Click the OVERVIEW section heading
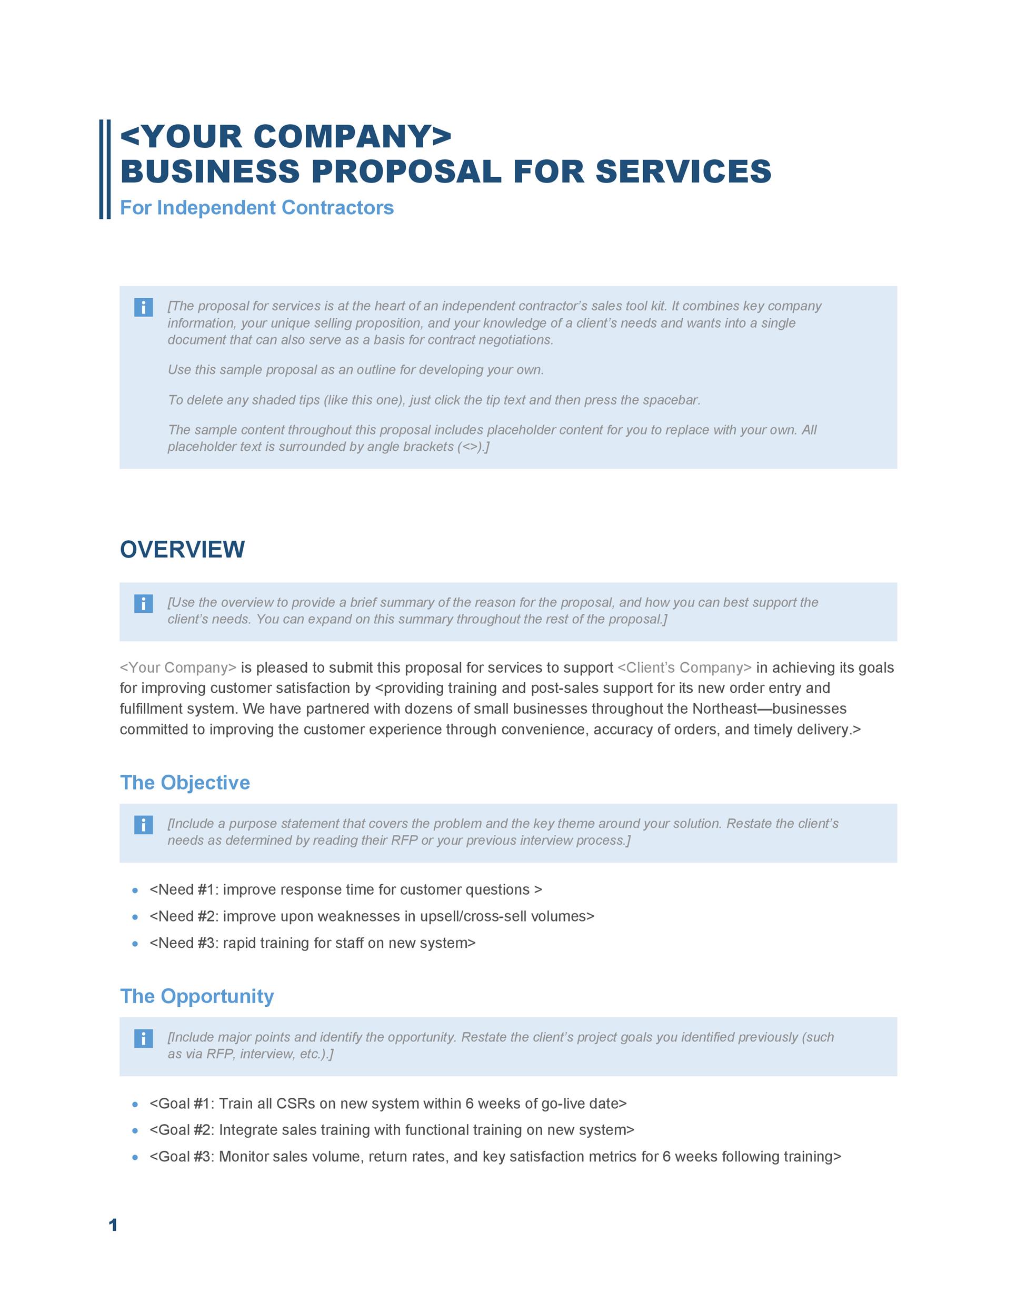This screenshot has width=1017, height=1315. [182, 550]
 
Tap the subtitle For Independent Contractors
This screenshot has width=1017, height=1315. [257, 208]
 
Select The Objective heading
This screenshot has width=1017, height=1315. [184, 782]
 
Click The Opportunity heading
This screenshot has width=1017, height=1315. [196, 996]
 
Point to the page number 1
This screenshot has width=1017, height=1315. [113, 1225]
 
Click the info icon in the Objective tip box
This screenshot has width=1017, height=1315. [143, 825]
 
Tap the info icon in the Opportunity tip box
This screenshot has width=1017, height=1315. [143, 1039]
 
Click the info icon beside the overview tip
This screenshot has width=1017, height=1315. [143, 603]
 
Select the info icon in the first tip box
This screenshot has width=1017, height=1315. [143, 307]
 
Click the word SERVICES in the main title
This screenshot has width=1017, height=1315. [683, 171]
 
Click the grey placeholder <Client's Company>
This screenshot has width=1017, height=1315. [684, 667]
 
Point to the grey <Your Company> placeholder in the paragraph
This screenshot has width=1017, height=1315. [178, 667]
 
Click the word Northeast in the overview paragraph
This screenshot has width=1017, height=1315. [724, 709]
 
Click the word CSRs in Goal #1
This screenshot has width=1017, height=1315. [295, 1103]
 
